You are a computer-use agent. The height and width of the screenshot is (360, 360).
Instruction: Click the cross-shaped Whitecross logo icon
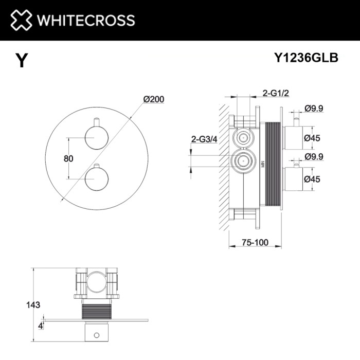tap(21, 20)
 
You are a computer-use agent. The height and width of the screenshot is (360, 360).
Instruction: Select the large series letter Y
tap(21, 61)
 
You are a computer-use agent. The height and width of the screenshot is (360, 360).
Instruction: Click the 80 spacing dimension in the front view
tap(68, 158)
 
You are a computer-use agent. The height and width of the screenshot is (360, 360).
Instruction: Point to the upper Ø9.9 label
tap(313, 108)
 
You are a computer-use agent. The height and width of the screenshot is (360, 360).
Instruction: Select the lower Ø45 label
tap(313, 179)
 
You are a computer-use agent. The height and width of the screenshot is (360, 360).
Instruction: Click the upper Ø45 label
tap(313, 138)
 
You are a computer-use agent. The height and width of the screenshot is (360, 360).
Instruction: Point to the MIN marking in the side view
tap(261, 163)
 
